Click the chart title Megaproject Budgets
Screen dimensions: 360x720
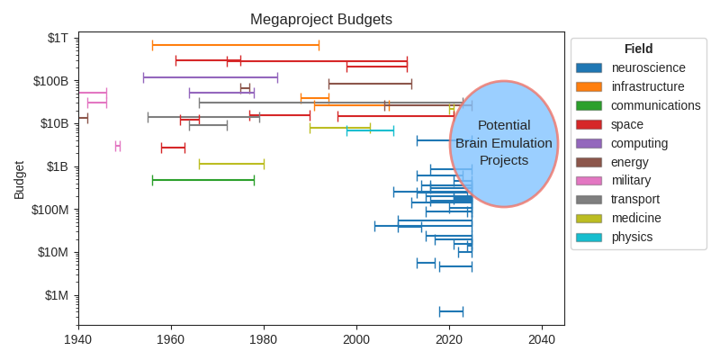[x=320, y=20]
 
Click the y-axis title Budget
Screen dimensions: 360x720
[x=19, y=180]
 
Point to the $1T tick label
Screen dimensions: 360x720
[x=58, y=38]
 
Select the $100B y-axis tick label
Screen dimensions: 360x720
[x=50, y=81]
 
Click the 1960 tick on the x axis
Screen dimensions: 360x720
[x=171, y=340]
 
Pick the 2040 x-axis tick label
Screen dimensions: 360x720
[x=542, y=340]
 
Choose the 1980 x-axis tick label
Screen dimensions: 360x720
[x=264, y=340]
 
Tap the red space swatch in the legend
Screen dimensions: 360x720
[x=589, y=124]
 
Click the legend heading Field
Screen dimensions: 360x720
[x=638, y=49]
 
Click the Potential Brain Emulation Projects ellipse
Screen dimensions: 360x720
[x=504, y=144]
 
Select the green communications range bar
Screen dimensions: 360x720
[x=203, y=180]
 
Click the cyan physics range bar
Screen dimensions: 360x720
[x=370, y=130]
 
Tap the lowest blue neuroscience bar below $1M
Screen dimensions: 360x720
[x=451, y=311]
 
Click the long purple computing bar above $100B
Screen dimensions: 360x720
[x=211, y=77]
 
